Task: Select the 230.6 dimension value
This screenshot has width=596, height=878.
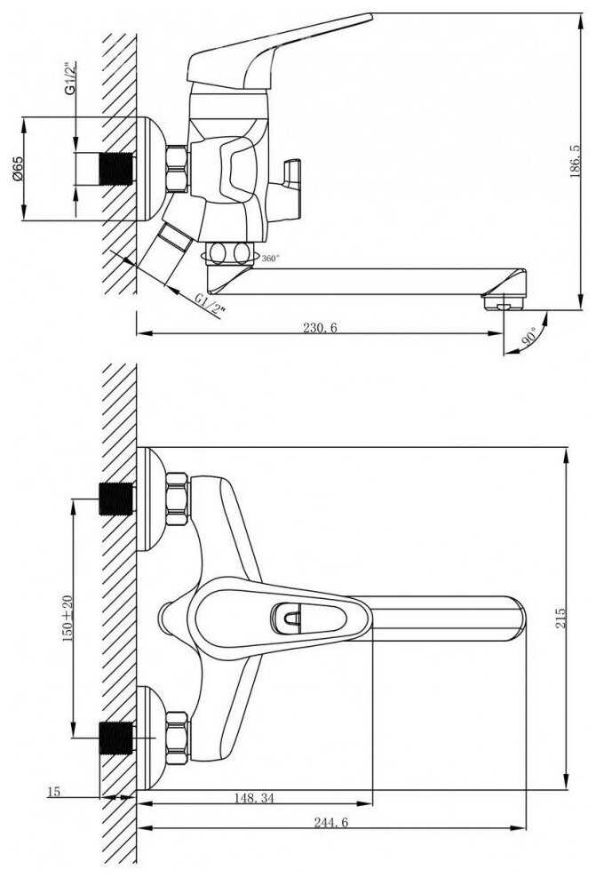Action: tap(321, 328)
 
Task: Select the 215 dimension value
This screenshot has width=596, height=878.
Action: tap(560, 617)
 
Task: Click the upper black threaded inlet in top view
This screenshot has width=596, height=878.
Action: tap(117, 499)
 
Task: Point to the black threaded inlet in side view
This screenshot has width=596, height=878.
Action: tap(114, 168)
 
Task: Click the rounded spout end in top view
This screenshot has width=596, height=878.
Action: tap(513, 619)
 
